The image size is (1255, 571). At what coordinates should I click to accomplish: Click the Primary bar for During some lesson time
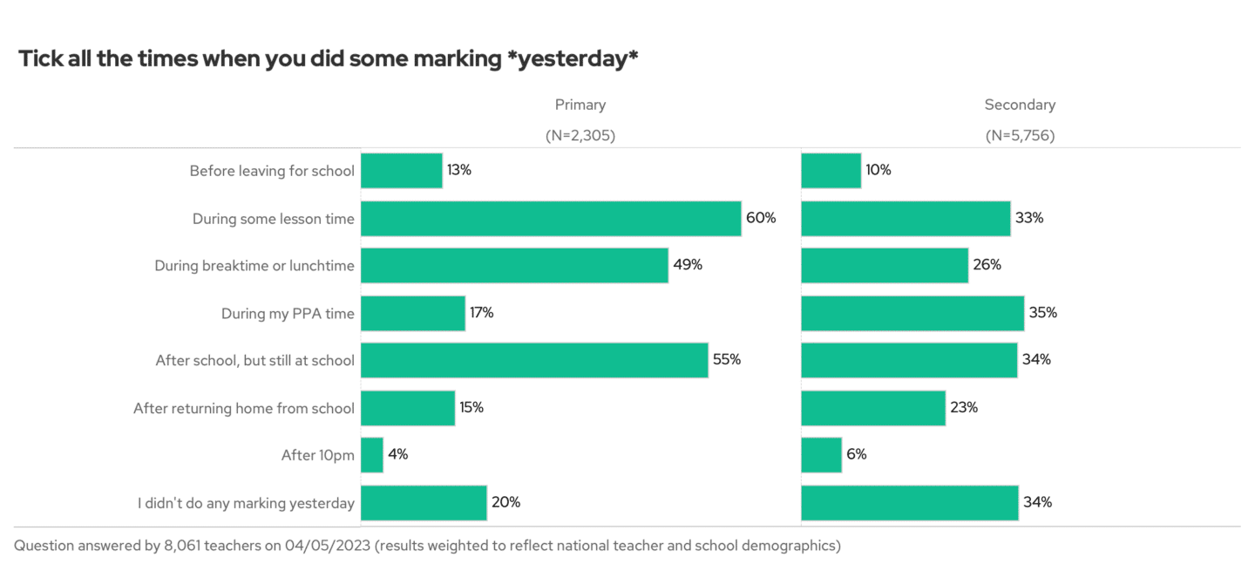[551, 218]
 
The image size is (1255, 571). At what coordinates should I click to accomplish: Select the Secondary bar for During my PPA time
[912, 313]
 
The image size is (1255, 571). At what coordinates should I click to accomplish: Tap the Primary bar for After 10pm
[372, 455]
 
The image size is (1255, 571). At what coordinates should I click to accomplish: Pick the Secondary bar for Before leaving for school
[831, 171]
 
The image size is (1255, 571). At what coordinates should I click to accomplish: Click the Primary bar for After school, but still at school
[534, 360]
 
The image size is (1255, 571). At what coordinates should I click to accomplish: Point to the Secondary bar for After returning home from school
[872, 408]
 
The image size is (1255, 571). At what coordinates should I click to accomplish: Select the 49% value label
[688, 265]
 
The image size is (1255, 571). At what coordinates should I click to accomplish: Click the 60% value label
[761, 218]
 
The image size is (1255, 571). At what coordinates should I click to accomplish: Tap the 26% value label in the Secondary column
[987, 265]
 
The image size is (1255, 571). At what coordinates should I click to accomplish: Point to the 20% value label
[505, 502]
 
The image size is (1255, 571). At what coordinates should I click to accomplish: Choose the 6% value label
[857, 455]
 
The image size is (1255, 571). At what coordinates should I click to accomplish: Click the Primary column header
[580, 105]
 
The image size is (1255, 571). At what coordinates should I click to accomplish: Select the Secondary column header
[1020, 105]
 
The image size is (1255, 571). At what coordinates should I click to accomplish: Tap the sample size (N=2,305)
[580, 135]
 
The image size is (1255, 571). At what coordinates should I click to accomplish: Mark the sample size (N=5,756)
[1020, 135]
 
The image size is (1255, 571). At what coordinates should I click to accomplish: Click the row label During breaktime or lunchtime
[254, 266]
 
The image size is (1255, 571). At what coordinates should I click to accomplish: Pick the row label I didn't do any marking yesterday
[246, 503]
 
